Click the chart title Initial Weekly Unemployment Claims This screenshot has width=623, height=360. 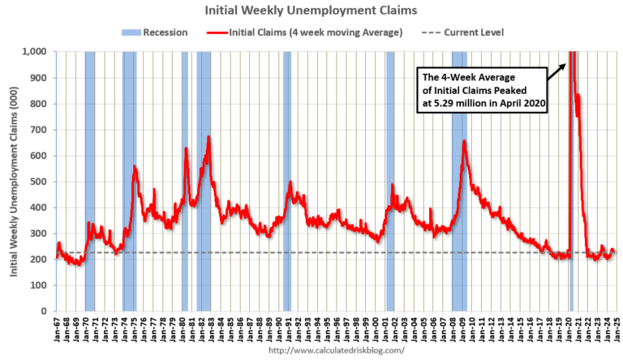(311, 11)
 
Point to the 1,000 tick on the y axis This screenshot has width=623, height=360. (37, 52)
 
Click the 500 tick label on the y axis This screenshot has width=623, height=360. (40, 182)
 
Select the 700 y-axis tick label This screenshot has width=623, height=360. (40, 130)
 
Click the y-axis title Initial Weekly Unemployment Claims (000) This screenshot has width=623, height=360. (15, 181)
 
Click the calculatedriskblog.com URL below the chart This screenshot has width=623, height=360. (335, 351)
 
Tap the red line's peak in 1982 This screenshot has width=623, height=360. (208, 137)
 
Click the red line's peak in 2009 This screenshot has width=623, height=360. (464, 141)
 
